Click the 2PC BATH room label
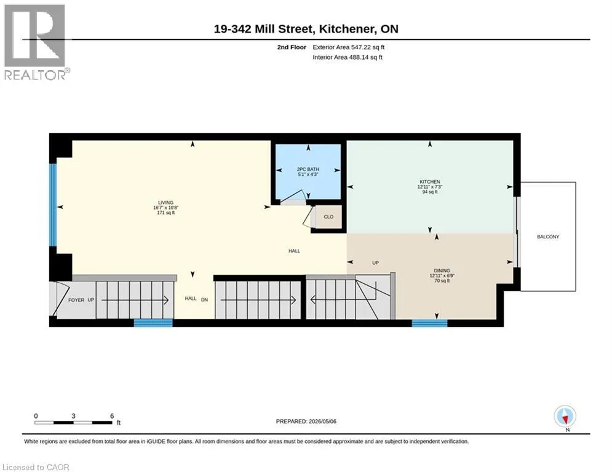308,169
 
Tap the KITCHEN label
430,182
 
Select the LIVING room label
165,202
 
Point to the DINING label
442,270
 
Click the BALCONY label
548,237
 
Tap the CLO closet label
328,217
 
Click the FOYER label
76,300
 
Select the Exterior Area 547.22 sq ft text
349,47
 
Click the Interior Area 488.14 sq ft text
348,57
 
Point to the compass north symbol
565,417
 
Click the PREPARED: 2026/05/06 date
306,421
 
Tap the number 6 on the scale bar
112,416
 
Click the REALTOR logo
35,42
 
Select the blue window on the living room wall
53,205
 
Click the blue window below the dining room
430,323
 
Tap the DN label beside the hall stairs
205,300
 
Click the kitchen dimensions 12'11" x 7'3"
430,187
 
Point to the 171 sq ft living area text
165,213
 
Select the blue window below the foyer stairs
153,323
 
